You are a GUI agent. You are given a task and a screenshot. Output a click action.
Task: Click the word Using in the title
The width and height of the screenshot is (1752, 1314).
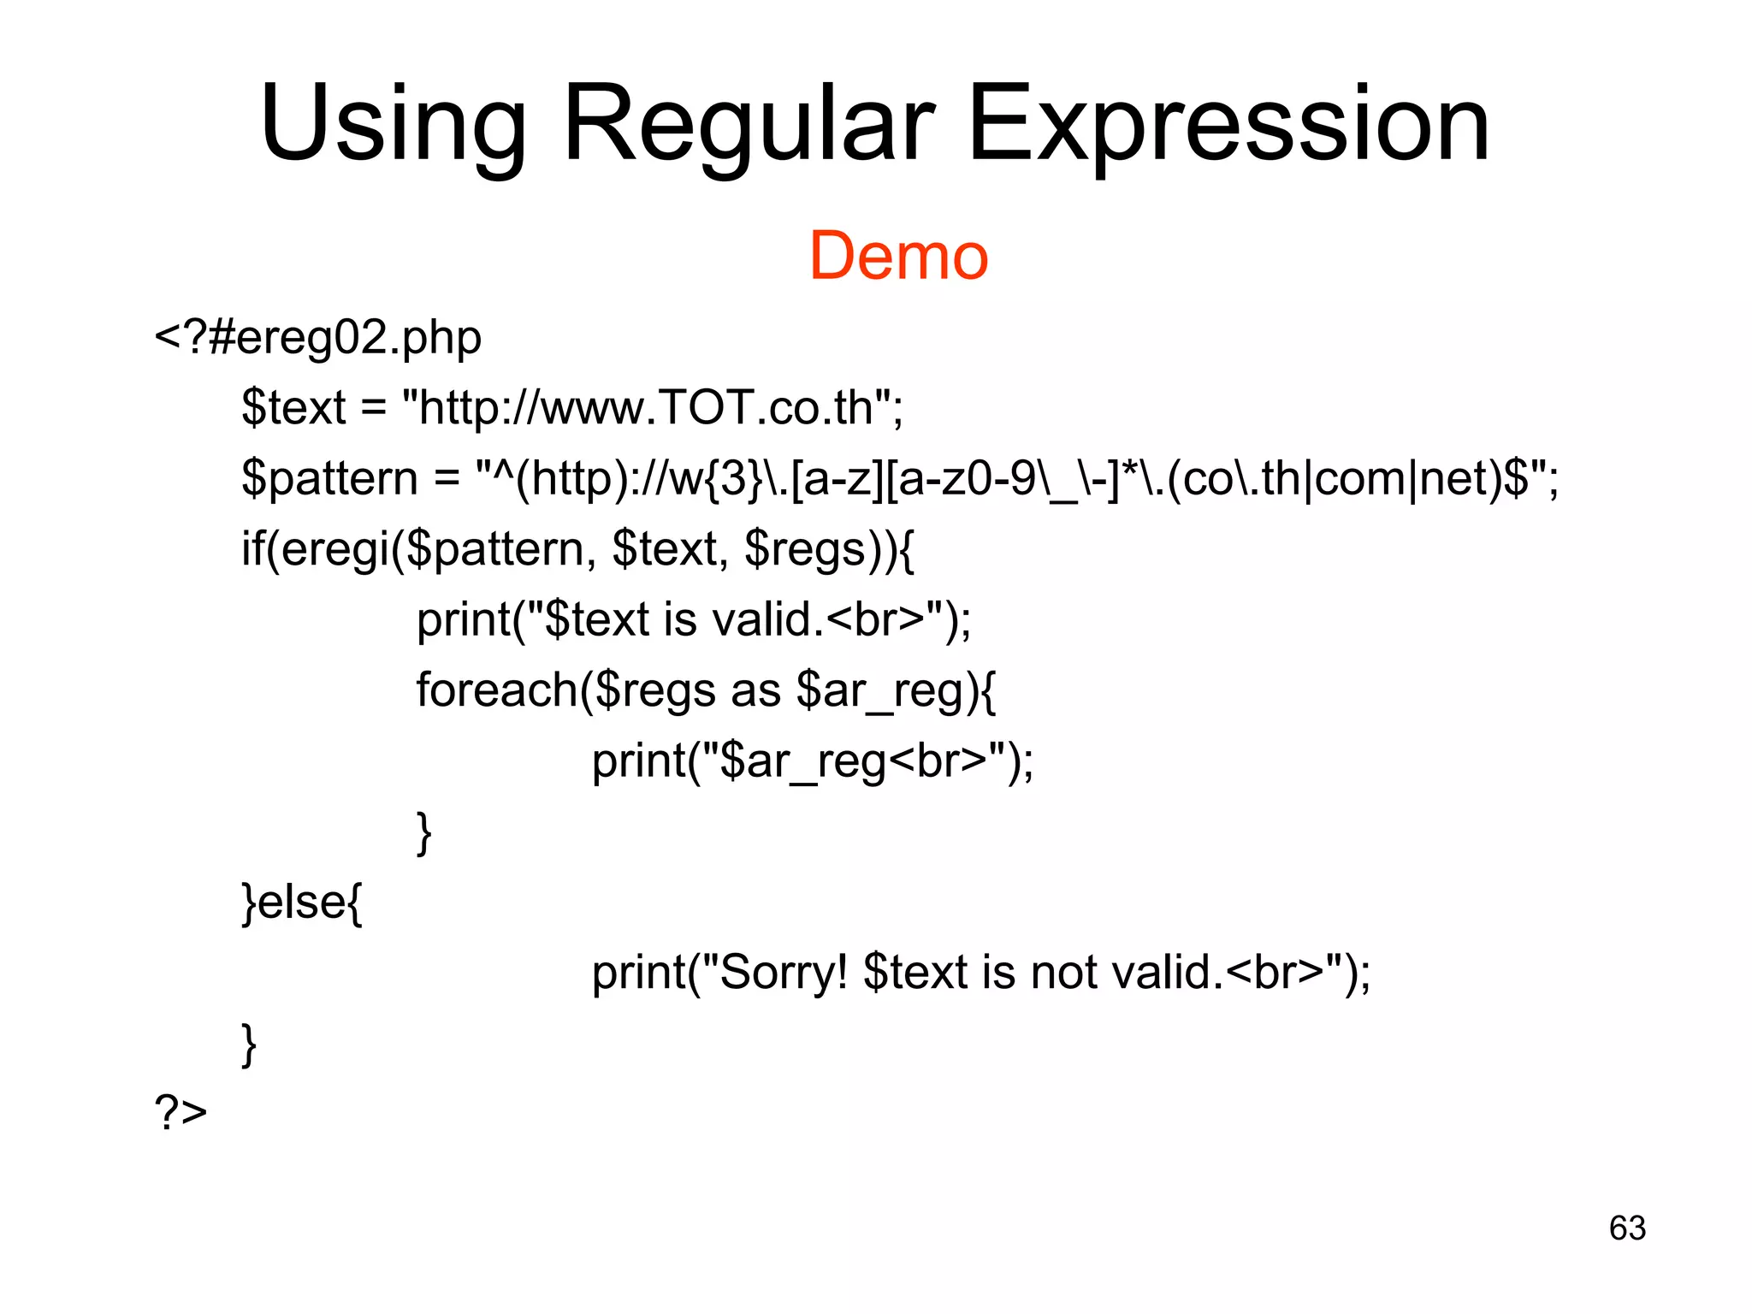[394, 125]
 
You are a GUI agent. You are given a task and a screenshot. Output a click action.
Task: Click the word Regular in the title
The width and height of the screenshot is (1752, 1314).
[749, 125]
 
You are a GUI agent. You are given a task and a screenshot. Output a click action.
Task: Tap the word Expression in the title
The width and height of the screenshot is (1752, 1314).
[1228, 125]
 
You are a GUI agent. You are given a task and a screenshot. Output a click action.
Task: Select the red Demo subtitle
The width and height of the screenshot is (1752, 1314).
[898, 256]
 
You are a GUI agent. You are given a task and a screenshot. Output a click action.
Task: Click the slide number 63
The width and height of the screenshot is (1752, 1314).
[1627, 1228]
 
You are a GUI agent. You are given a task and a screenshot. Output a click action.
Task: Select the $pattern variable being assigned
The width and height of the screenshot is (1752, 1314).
[329, 478]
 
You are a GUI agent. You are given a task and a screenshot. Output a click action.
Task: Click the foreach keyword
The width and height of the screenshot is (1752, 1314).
[496, 690]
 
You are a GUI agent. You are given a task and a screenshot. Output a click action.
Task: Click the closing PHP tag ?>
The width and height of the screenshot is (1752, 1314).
[181, 1113]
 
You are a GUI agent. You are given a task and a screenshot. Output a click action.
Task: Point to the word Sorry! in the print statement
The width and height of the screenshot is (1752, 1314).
[784, 973]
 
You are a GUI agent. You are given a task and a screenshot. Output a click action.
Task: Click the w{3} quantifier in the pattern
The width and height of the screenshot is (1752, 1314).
[715, 478]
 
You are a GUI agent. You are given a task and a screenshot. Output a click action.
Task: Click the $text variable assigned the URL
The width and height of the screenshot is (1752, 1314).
[293, 407]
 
